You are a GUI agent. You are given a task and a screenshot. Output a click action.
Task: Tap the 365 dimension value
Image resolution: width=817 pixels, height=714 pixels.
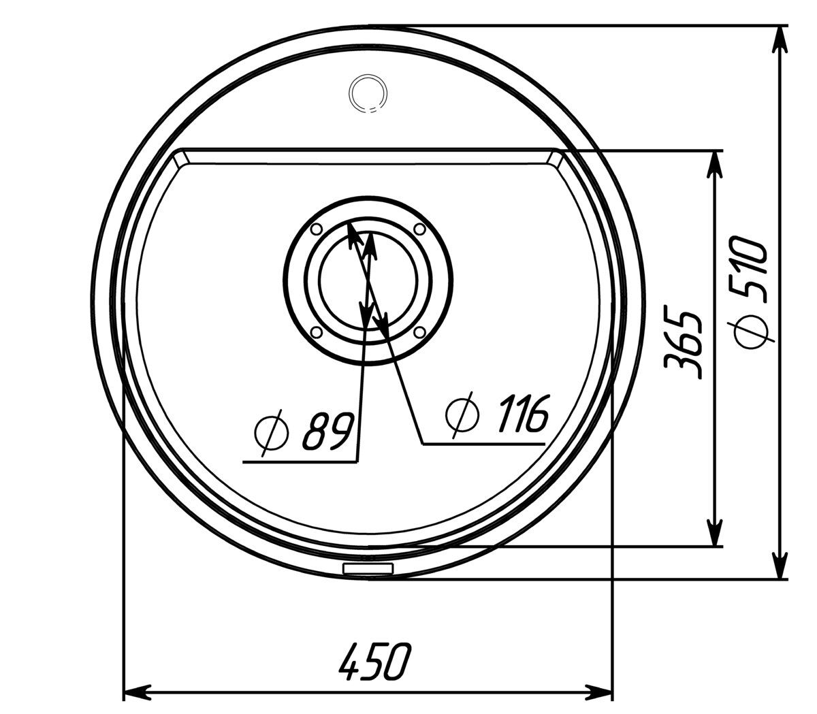point(682,344)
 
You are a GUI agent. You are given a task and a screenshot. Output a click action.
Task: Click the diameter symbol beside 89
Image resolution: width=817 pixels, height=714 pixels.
point(272,433)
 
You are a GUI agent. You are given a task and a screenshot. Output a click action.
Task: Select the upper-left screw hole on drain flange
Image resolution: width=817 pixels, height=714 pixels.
point(317,229)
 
